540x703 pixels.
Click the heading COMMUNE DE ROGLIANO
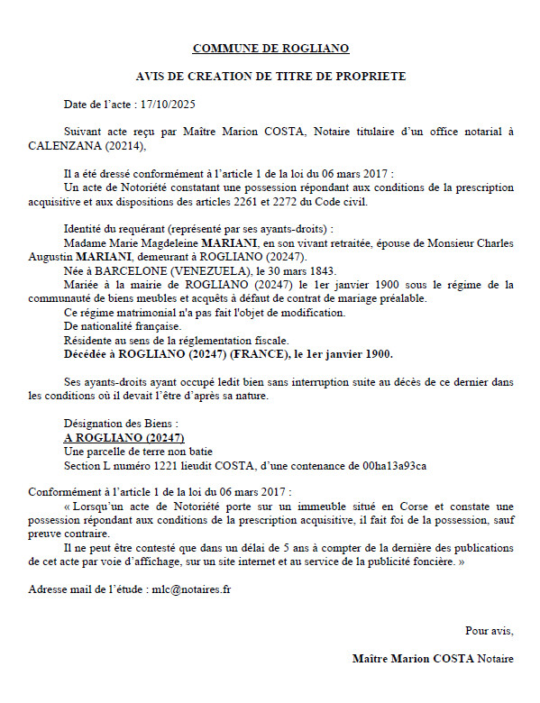pos(270,48)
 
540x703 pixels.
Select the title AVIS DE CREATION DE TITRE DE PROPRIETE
pos(270,77)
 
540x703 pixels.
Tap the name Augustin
pos(55,257)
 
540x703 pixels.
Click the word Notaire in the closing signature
pos(496,658)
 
